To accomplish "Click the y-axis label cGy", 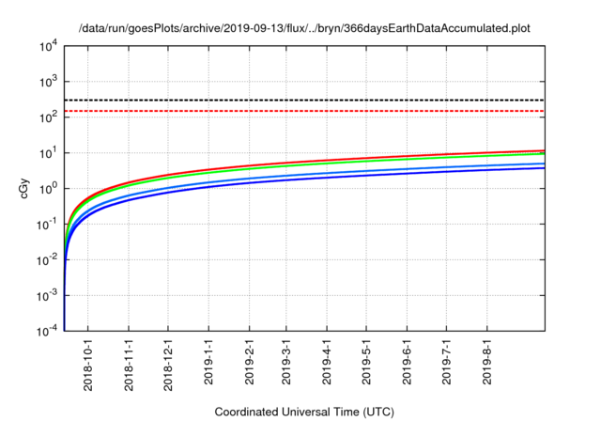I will click(25, 187).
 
